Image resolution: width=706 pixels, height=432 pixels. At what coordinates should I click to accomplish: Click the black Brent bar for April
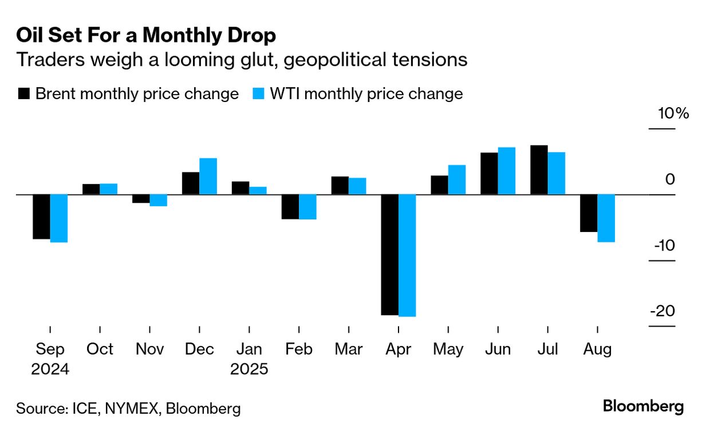pyautogui.click(x=390, y=255)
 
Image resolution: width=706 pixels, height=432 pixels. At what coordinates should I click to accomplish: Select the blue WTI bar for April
pyautogui.click(x=407, y=256)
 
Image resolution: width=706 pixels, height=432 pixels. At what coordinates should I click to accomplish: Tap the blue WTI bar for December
pyautogui.click(x=208, y=176)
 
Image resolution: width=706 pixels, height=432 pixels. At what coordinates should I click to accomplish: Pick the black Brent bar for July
pyautogui.click(x=539, y=170)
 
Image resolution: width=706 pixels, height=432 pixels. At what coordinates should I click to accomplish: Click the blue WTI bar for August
pyautogui.click(x=606, y=218)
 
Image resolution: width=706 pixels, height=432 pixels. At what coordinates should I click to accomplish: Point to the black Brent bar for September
pyautogui.click(x=41, y=217)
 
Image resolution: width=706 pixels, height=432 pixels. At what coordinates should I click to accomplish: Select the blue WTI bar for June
pyautogui.click(x=507, y=171)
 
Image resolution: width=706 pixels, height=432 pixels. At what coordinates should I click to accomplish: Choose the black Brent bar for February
pyautogui.click(x=290, y=207)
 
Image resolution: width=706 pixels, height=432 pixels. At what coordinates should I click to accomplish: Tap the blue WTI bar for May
pyautogui.click(x=456, y=180)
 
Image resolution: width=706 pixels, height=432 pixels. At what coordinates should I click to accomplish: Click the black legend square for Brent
pyautogui.click(x=24, y=94)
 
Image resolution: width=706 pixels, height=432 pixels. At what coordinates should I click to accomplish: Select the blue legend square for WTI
pyautogui.click(x=259, y=94)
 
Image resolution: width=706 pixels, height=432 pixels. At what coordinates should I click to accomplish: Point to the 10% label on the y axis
pyautogui.click(x=673, y=113)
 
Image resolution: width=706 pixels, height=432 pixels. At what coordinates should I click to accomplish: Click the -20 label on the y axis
pyautogui.click(x=662, y=311)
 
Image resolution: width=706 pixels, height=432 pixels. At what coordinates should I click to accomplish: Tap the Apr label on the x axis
pyautogui.click(x=398, y=349)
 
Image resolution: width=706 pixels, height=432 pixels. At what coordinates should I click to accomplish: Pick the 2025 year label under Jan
pyautogui.click(x=249, y=369)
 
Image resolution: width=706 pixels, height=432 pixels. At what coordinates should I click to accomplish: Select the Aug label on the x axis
pyautogui.click(x=597, y=349)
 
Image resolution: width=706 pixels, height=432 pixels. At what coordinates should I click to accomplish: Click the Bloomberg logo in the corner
pyautogui.click(x=643, y=407)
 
